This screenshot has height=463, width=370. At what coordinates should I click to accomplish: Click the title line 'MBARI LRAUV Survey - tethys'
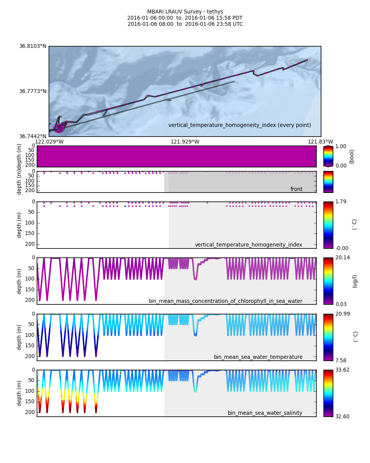(x=185, y=12)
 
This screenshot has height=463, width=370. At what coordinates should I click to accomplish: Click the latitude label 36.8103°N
(x=33, y=46)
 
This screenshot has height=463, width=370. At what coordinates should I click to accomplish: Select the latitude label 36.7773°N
(x=33, y=91)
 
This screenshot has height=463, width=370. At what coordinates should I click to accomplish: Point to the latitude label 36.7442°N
(x=33, y=136)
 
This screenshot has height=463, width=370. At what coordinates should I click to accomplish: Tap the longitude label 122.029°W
(x=49, y=142)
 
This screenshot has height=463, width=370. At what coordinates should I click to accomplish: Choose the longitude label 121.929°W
(x=185, y=142)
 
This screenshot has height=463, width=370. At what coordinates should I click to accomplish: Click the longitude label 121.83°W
(x=320, y=142)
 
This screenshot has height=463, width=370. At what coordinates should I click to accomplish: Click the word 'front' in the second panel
(x=296, y=189)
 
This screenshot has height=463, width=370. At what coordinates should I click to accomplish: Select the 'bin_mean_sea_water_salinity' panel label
(x=265, y=413)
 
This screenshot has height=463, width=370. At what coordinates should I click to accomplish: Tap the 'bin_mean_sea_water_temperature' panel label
(x=258, y=357)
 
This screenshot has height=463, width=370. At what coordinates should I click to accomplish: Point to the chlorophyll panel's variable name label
(x=225, y=301)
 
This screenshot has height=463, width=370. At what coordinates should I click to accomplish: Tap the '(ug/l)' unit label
(x=355, y=281)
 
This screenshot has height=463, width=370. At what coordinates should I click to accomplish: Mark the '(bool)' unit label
(x=352, y=156)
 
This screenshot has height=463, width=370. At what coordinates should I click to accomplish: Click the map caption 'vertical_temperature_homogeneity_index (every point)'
(x=239, y=125)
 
